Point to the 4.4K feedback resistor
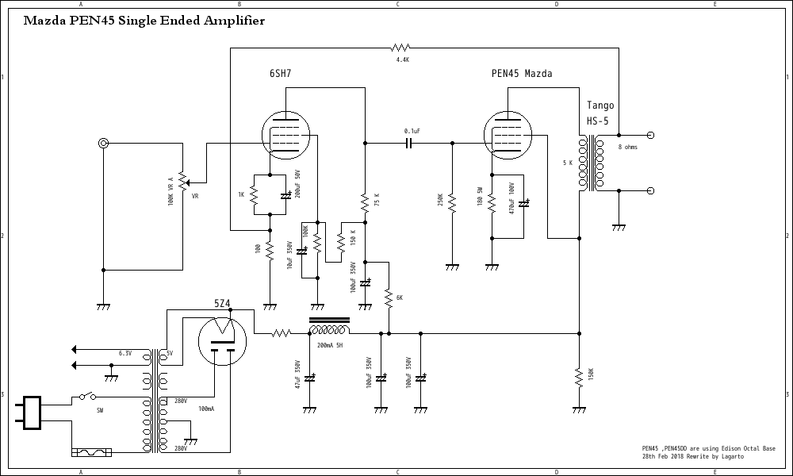(x=402, y=48)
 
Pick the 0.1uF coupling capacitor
(x=409, y=144)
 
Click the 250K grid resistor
(x=451, y=203)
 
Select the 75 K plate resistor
(x=365, y=203)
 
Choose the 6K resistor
(x=389, y=297)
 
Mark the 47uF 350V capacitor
(x=309, y=378)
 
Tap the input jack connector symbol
(x=103, y=144)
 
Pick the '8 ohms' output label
(x=627, y=147)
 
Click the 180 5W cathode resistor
(x=492, y=203)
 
